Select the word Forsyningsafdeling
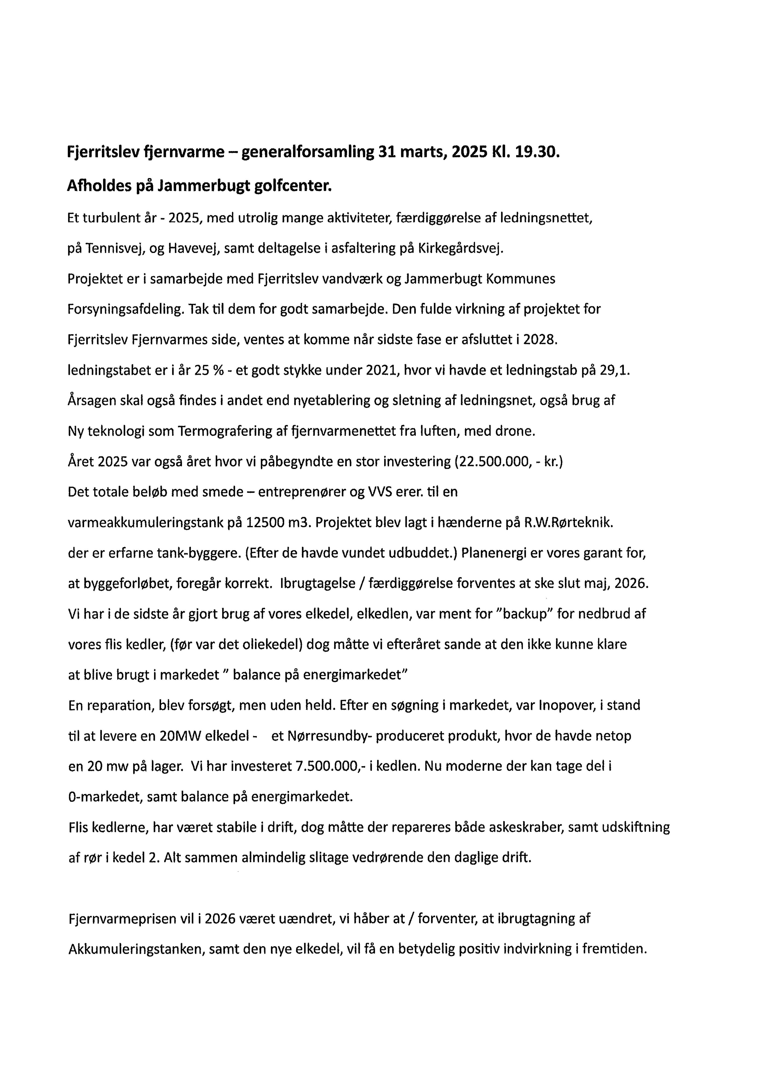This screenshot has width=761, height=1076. point(124,310)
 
